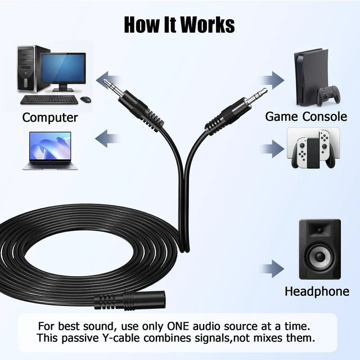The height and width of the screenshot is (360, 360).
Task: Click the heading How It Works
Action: pos(179,25)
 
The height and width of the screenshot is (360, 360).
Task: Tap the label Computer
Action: pos(50,118)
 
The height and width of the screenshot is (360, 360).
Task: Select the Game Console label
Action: pos(306,116)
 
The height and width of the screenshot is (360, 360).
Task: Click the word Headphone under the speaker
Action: pos(317,291)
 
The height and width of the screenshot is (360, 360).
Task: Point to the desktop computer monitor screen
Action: pos(64,68)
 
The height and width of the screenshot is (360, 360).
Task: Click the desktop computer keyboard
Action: pos(49,100)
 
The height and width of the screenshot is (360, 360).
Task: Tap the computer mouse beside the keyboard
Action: pos(86,99)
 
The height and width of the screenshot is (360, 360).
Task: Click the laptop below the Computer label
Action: pos(50,151)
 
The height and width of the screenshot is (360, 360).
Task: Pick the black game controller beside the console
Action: pos(328,94)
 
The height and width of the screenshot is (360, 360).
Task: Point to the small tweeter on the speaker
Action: pos(319,230)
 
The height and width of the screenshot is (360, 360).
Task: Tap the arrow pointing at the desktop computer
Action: pos(109,80)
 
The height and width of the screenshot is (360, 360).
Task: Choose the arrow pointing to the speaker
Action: pos(272,269)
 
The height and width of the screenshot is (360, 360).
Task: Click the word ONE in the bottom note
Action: pos(178,326)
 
